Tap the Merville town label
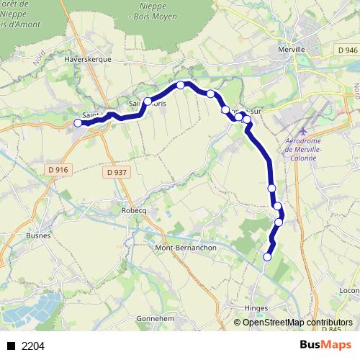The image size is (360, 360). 292,50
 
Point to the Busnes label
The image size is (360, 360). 37,235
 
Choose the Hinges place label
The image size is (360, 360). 256,307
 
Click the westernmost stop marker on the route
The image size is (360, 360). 78,123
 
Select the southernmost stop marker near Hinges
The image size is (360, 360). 268,257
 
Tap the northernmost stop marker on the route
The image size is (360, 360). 181,85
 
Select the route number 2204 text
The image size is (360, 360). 32,346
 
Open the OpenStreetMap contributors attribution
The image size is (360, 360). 297,323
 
